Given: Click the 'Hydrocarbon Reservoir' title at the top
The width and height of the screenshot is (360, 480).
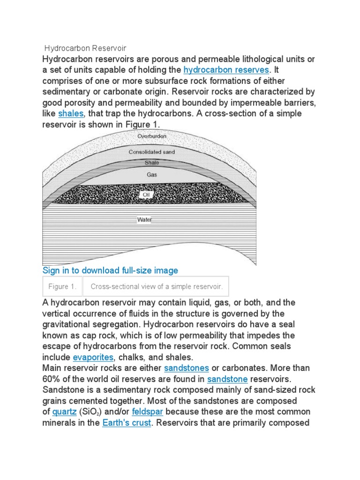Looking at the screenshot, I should tap(86, 48).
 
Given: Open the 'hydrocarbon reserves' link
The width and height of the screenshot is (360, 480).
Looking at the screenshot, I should tap(226, 70).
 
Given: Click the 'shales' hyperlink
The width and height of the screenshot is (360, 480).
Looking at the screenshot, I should tap(70, 113).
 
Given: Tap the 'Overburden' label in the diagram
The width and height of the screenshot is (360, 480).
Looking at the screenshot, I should tap(152, 136).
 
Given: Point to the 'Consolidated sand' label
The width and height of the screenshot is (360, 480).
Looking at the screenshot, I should tap(152, 152).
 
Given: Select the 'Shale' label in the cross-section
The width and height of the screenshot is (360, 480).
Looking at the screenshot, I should tap(151, 163).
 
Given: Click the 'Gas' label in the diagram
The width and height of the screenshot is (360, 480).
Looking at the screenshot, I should tap(151, 175).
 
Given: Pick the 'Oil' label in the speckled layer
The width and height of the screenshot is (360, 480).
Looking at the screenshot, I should tap(152, 194).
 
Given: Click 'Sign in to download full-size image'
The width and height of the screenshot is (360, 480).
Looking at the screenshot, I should tap(110, 270).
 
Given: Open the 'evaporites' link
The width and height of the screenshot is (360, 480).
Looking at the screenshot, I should tap(93, 357).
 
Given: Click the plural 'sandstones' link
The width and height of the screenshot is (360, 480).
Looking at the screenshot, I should tap(187, 368).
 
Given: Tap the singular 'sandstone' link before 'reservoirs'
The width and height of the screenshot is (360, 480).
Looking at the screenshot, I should tap(227, 379).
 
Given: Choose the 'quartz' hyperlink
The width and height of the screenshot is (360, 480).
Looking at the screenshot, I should tap(64, 412).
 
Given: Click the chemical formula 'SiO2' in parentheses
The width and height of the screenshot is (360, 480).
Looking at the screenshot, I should tap(94, 412).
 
